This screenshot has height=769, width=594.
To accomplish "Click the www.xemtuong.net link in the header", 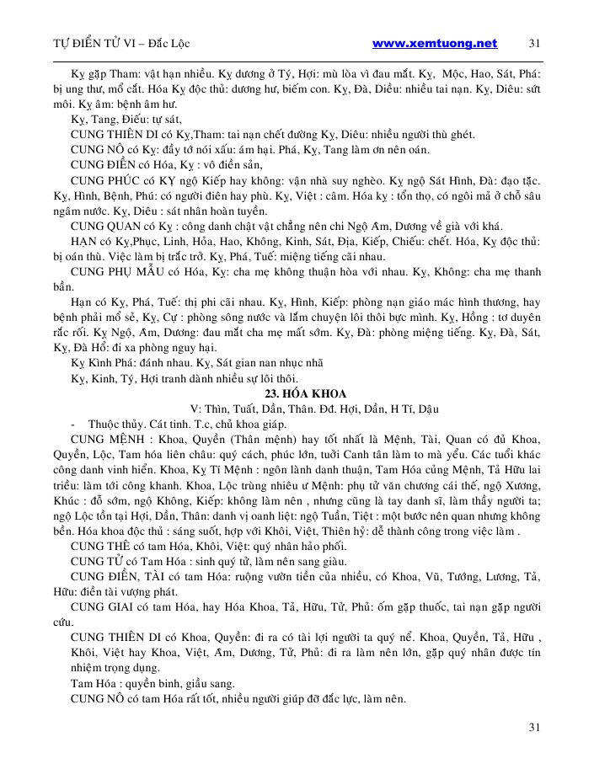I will [434, 44].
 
